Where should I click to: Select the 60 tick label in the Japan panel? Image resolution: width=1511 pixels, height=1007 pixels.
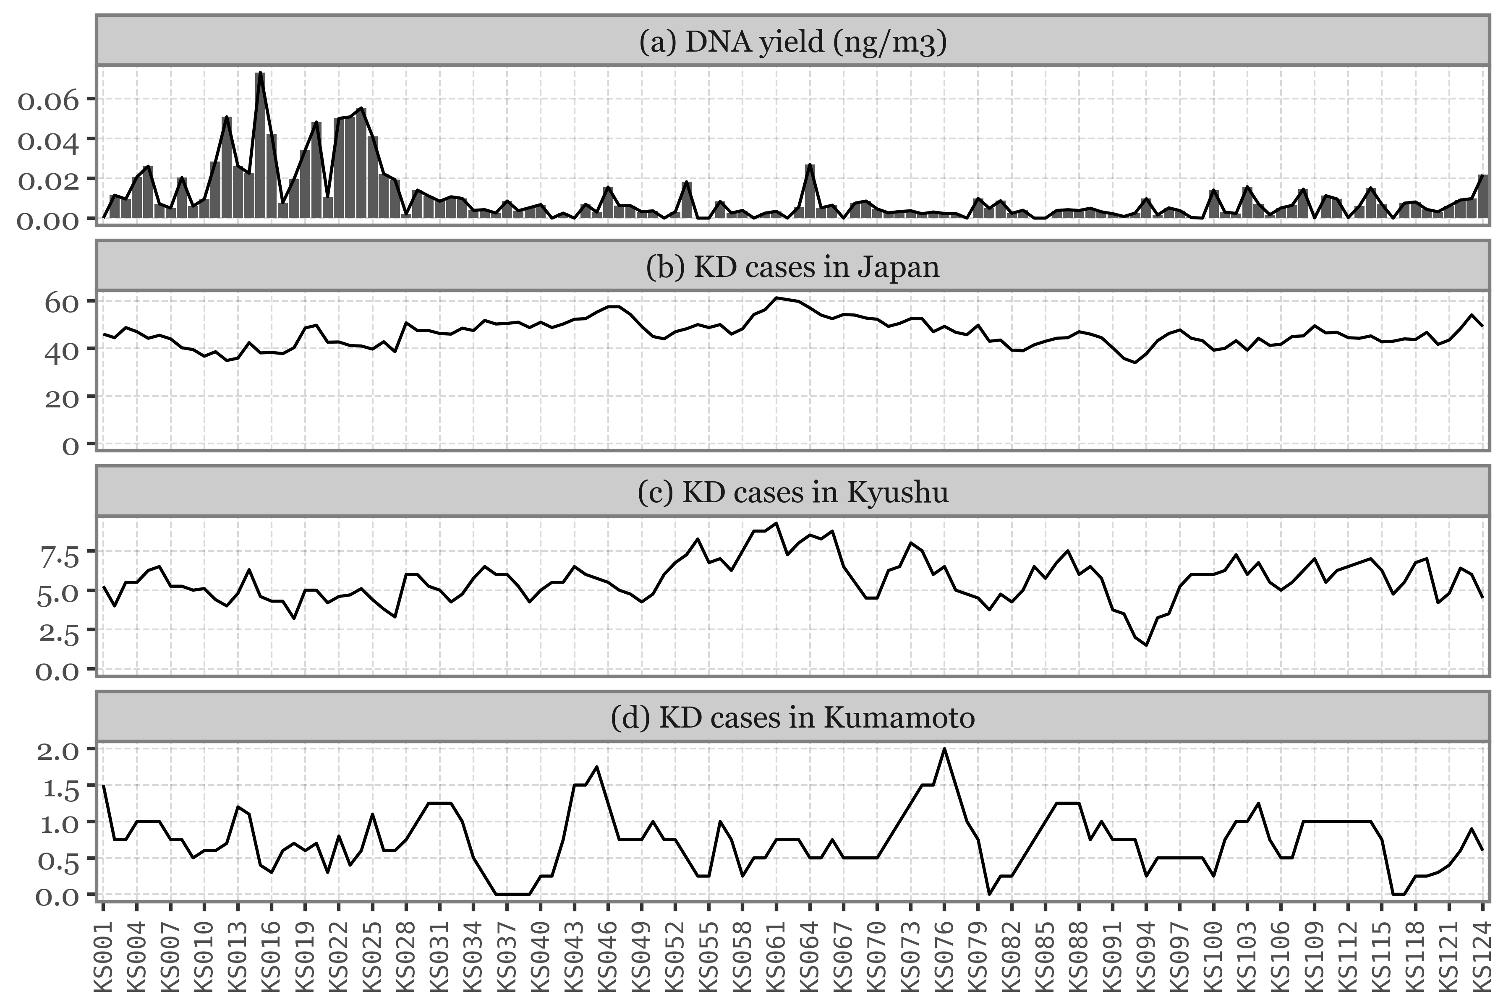pyautogui.click(x=61, y=301)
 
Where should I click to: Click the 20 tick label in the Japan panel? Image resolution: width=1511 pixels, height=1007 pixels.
pyautogui.click(x=61, y=397)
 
